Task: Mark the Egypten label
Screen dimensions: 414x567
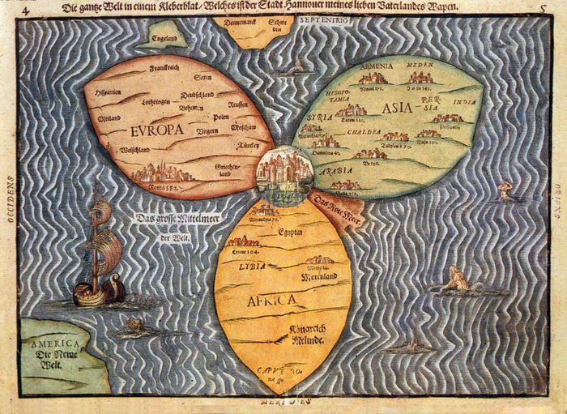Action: (x=289, y=230)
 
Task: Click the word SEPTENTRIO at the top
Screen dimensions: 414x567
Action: (x=323, y=19)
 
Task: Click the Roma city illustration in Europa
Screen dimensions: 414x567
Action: (x=163, y=172)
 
